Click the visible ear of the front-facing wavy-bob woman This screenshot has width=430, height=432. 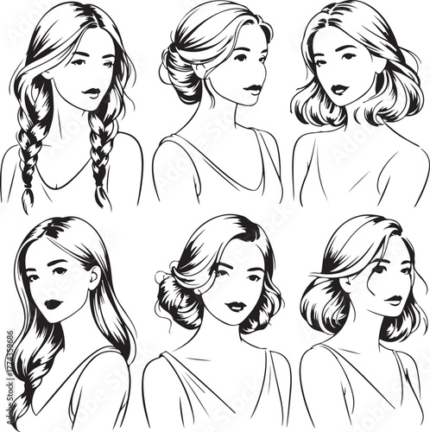click(380, 79)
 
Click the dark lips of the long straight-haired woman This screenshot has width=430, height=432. click(54, 304)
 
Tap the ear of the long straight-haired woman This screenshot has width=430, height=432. click(92, 278)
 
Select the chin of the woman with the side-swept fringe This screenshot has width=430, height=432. click(390, 316)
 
